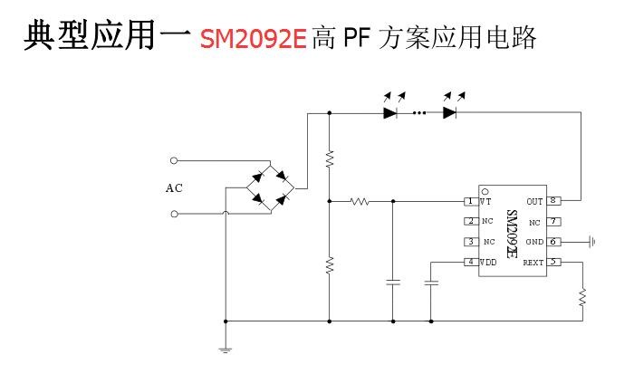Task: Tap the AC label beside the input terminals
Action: (x=174, y=188)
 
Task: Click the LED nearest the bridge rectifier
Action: (x=391, y=113)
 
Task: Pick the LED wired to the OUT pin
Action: (x=450, y=113)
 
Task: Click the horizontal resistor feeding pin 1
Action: (x=360, y=201)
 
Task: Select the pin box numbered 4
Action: (x=470, y=263)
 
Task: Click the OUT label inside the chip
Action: (x=533, y=201)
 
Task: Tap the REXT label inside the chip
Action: (x=533, y=263)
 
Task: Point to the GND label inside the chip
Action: (x=534, y=242)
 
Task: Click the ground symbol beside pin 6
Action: (x=591, y=242)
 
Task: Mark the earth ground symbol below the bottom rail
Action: (x=226, y=349)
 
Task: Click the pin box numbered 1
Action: (x=470, y=201)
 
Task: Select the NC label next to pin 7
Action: (x=534, y=222)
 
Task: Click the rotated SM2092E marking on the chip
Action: (x=512, y=234)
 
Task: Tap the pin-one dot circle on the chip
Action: (x=485, y=192)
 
